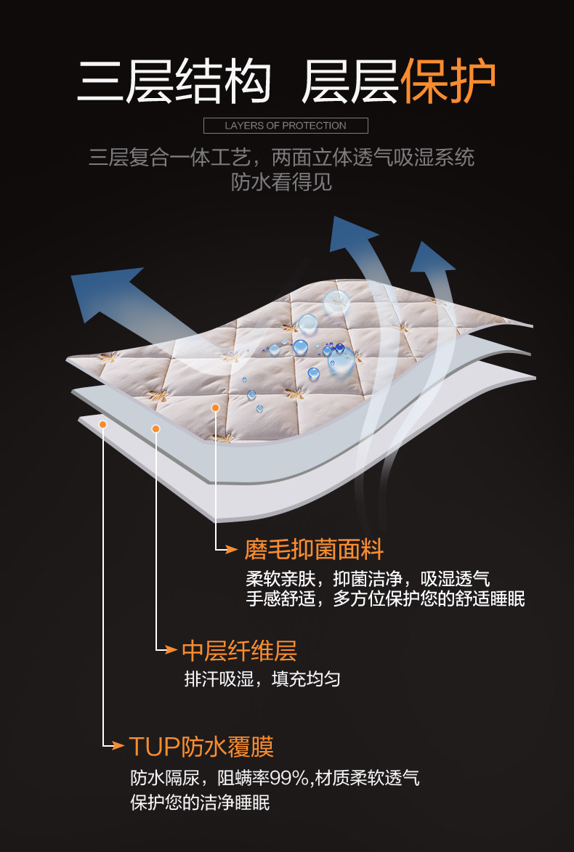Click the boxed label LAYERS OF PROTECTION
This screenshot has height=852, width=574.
click(x=286, y=126)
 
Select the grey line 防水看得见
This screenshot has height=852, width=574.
click(x=282, y=182)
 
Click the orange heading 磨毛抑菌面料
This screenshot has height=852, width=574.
click(x=313, y=549)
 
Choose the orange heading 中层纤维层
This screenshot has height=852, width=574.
click(x=239, y=650)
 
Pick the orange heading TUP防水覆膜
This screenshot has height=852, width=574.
click(x=201, y=747)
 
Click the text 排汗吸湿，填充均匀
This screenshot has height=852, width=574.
click(x=262, y=679)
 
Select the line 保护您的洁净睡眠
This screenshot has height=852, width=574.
click(x=200, y=803)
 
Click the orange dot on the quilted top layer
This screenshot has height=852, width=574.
click(x=215, y=407)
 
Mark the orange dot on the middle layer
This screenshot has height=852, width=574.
click(x=155, y=429)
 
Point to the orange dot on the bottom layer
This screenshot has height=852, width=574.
click(x=103, y=424)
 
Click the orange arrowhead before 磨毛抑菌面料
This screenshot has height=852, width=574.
click(x=232, y=550)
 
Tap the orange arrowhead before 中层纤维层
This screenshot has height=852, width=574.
click(x=171, y=649)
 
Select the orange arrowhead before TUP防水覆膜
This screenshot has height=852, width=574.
click(x=119, y=746)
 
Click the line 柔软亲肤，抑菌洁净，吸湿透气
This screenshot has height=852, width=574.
click(x=368, y=579)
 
